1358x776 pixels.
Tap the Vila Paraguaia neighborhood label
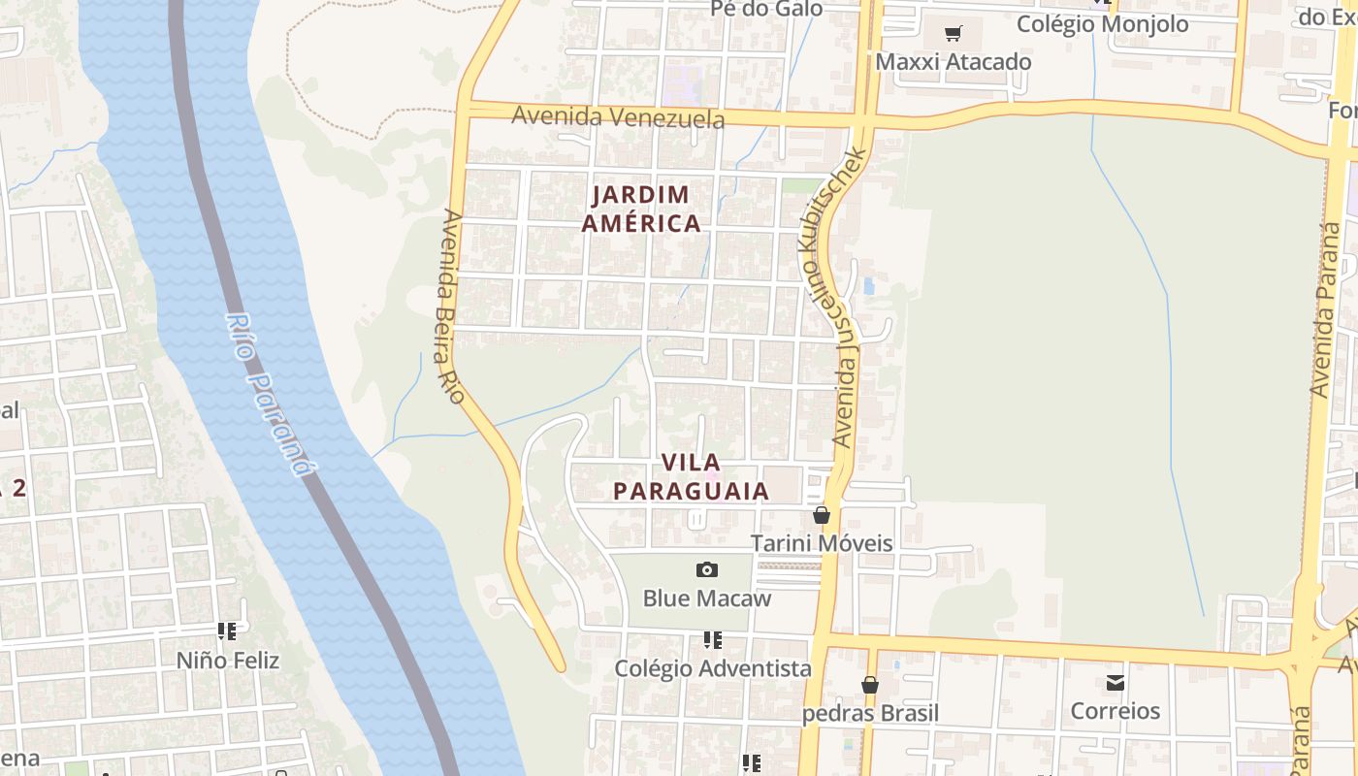click(x=691, y=476)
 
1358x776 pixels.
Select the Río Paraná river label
click(x=271, y=394)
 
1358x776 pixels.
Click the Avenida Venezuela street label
click(x=618, y=117)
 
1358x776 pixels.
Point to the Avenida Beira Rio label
click(x=450, y=307)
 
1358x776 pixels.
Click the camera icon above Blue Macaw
click(x=707, y=569)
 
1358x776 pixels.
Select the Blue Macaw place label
click(x=707, y=598)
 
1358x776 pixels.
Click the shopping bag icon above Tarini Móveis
click(x=822, y=515)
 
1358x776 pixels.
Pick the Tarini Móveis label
click(x=822, y=542)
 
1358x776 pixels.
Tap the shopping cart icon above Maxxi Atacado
click(x=953, y=34)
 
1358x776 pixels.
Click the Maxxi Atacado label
click(x=953, y=62)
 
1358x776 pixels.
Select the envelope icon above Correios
click(x=1115, y=683)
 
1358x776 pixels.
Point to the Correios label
click(x=1115, y=711)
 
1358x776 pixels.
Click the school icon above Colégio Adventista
click(x=713, y=640)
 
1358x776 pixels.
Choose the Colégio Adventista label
click(x=713, y=668)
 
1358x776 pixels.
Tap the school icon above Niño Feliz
click(x=228, y=632)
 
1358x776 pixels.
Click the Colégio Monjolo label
click(x=1102, y=23)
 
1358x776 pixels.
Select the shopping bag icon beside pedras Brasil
click(x=870, y=685)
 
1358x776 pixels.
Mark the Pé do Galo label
click(x=766, y=9)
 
